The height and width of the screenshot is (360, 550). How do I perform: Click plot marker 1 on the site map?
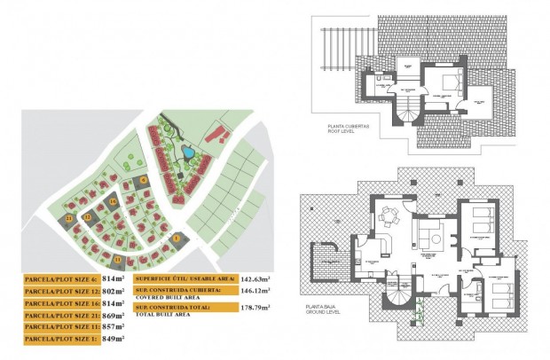click(177, 237)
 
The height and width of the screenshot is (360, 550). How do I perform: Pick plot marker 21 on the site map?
click(68, 217)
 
